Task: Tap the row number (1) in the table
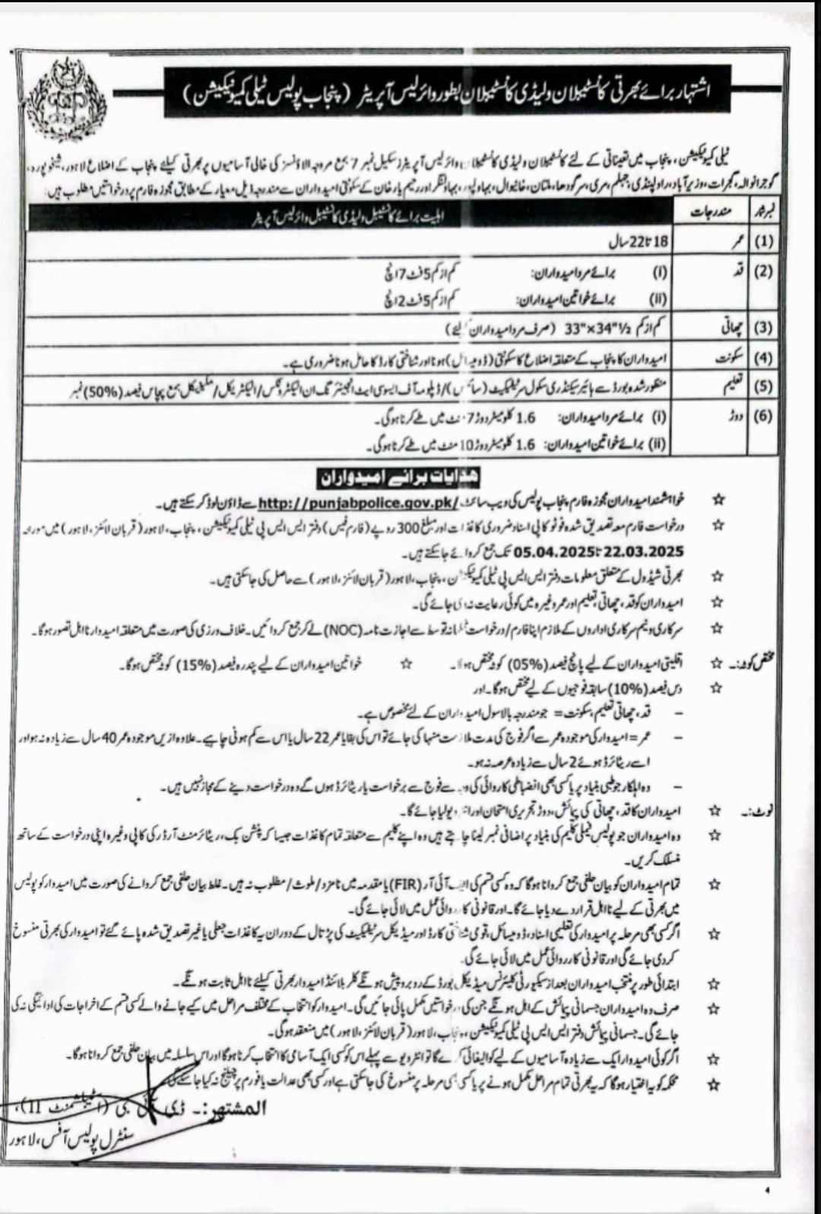pyautogui.click(x=762, y=243)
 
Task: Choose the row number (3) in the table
pyautogui.click(x=762, y=329)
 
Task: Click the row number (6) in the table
pyautogui.click(x=762, y=415)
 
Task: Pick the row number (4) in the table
pyautogui.click(x=762, y=358)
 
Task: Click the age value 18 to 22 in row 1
pyautogui.click(x=640, y=243)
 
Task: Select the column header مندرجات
pyautogui.click(x=710, y=214)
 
